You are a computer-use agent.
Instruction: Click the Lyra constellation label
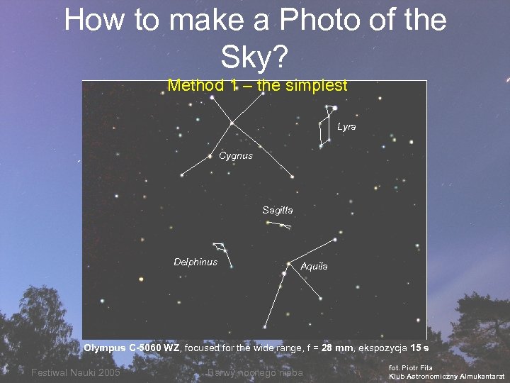tap(346, 126)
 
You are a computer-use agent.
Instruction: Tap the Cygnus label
tap(235, 155)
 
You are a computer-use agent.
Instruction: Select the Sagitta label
tap(277, 210)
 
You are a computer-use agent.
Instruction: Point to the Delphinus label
tap(195, 262)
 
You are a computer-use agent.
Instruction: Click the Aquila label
tap(314, 266)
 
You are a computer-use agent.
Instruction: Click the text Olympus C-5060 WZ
tap(132, 348)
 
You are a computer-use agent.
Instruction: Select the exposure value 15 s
tap(420, 348)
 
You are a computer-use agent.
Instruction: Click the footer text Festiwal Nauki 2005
tap(75, 373)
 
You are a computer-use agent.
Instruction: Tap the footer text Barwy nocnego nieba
tap(256, 373)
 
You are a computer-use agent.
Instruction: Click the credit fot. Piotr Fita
tap(411, 367)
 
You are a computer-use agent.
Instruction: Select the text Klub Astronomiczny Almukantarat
tap(446, 376)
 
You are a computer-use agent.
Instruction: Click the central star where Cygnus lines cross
tap(232, 123)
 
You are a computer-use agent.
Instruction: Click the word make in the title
tap(200, 21)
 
